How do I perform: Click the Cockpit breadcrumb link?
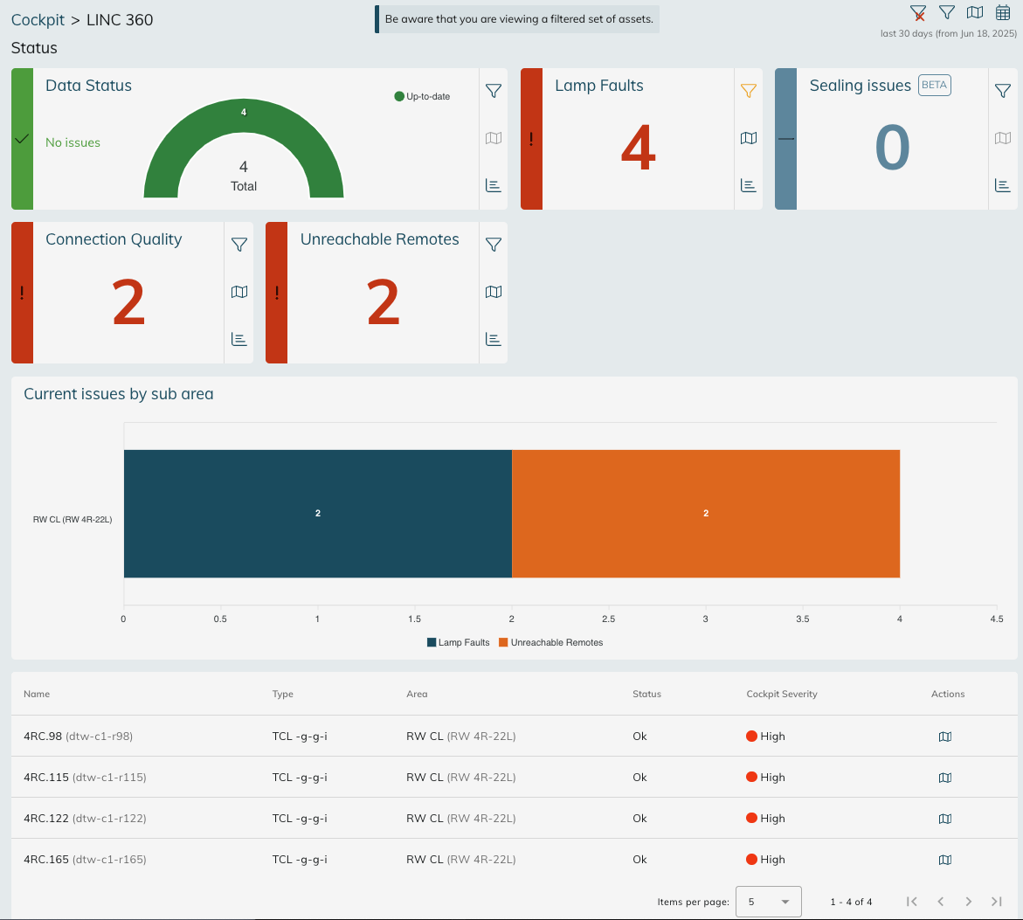(38, 19)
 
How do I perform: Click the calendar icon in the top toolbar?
(1003, 12)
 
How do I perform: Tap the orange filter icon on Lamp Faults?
(748, 90)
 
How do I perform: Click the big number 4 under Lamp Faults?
(638, 148)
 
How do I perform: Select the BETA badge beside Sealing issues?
(934, 86)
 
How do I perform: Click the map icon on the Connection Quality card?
(239, 292)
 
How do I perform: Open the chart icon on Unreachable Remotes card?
(494, 339)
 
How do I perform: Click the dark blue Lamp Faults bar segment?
(317, 514)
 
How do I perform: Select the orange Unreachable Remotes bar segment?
(706, 514)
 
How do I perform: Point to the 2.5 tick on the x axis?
(609, 619)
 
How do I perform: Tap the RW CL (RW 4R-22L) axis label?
(73, 519)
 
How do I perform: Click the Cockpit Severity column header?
(782, 694)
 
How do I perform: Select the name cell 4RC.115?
(43, 777)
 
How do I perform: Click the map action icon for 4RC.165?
(944, 860)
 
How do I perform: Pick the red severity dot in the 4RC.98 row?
(751, 736)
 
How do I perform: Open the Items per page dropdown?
(768, 902)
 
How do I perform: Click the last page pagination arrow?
(997, 902)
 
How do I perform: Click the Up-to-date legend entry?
(423, 96)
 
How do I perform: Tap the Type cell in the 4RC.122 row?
(300, 819)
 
